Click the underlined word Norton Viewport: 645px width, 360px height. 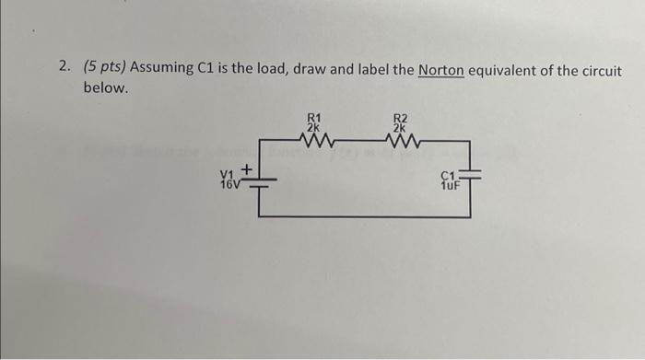(440, 70)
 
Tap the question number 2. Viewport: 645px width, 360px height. (63, 70)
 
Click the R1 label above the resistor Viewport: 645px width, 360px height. (314, 117)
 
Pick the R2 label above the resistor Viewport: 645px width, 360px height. (399, 117)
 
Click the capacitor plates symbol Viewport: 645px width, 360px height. (470, 179)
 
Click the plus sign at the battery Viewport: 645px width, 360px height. (247, 169)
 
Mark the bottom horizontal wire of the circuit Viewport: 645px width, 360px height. (364, 216)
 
